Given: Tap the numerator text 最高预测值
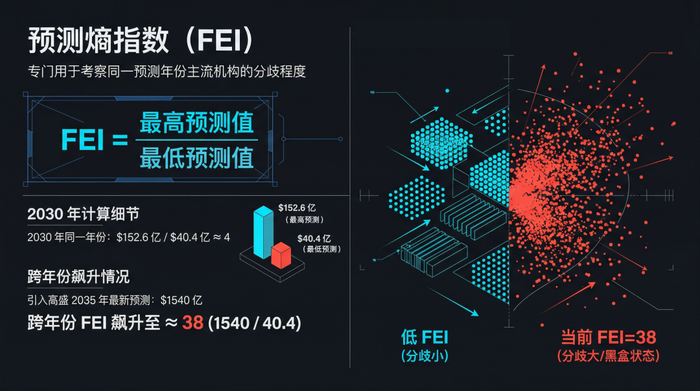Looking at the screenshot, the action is pyautogui.click(x=196, y=123).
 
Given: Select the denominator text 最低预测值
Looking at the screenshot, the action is pyautogui.click(x=196, y=158).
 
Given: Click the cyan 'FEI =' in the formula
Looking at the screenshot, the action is pyautogui.click(x=95, y=140).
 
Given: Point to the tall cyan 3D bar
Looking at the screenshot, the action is pyautogui.click(x=264, y=232).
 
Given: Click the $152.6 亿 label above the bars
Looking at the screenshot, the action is pyautogui.click(x=300, y=207).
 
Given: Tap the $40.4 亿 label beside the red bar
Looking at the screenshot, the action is pyautogui.click(x=314, y=239).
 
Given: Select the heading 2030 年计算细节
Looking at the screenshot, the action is pyautogui.click(x=83, y=214).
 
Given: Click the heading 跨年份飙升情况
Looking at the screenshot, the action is pyautogui.click(x=78, y=277).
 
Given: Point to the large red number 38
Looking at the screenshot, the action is pyautogui.click(x=192, y=322).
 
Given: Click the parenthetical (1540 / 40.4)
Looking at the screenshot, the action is pyautogui.click(x=254, y=323).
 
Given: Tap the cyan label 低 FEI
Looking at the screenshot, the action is pyautogui.click(x=425, y=337).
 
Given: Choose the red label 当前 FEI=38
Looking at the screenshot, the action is pyautogui.click(x=608, y=337).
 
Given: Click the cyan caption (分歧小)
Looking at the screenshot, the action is pyautogui.click(x=425, y=356).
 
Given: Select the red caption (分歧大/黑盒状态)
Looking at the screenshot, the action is pyautogui.click(x=608, y=356).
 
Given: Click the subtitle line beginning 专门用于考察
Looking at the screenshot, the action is pyautogui.click(x=167, y=72).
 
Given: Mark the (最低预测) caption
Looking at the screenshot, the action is pyautogui.click(x=323, y=249).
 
